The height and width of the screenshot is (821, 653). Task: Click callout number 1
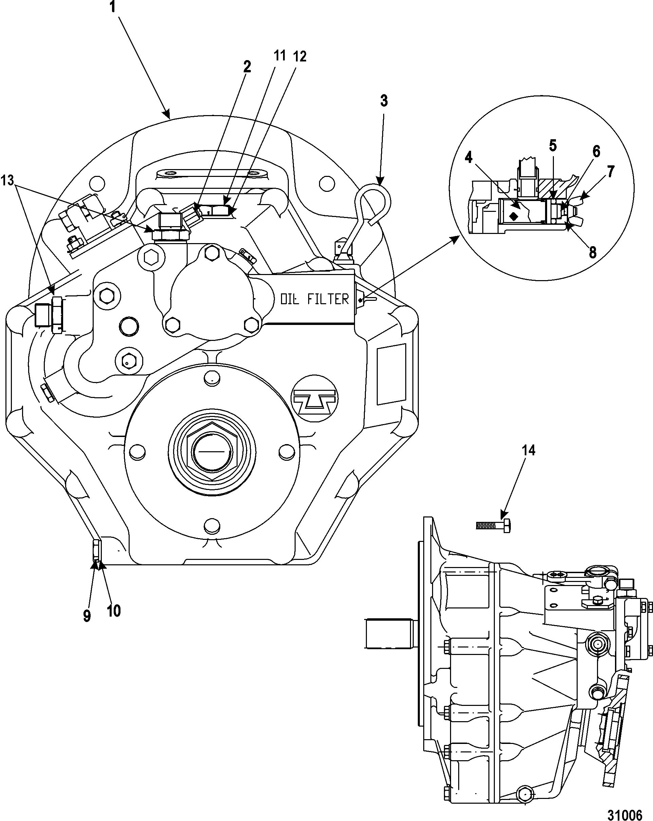[x=113, y=7]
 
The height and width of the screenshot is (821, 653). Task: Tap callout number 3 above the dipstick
[x=384, y=101]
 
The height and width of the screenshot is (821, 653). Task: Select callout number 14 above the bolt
[x=528, y=451]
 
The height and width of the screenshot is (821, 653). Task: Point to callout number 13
[x=7, y=181]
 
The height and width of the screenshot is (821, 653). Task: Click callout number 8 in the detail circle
[x=593, y=253]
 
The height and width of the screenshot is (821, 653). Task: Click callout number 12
[x=299, y=57]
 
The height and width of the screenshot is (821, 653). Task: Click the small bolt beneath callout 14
[x=493, y=526]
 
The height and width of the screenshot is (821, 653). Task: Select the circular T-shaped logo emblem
[x=314, y=399]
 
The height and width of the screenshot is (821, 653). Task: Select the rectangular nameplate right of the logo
[x=391, y=373]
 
